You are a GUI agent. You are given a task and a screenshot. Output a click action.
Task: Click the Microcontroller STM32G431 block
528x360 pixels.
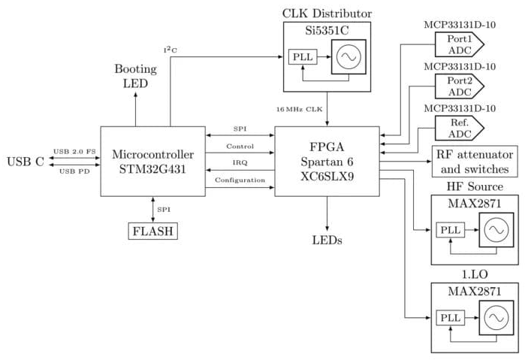click(x=152, y=162)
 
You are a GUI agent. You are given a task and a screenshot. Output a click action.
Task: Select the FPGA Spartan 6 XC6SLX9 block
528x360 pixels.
click(x=327, y=162)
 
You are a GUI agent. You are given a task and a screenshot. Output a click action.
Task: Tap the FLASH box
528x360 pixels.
click(x=153, y=231)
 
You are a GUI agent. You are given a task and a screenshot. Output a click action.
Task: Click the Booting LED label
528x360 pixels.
click(x=135, y=76)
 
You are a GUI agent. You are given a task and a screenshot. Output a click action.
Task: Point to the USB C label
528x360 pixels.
click(x=25, y=162)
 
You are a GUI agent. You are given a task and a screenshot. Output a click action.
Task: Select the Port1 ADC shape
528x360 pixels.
click(x=460, y=44)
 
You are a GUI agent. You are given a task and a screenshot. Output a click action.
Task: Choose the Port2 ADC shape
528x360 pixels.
click(x=460, y=86)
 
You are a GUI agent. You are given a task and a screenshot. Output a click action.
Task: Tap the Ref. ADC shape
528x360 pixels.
click(x=460, y=127)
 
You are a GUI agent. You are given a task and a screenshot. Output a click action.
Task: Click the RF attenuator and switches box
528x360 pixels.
click(x=473, y=162)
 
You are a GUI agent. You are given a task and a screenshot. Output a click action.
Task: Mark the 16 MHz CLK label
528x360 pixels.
click(x=299, y=110)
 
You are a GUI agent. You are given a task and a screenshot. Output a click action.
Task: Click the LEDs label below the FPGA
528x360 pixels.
click(x=327, y=241)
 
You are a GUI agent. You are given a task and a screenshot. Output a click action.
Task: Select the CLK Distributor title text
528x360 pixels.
click(x=327, y=13)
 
